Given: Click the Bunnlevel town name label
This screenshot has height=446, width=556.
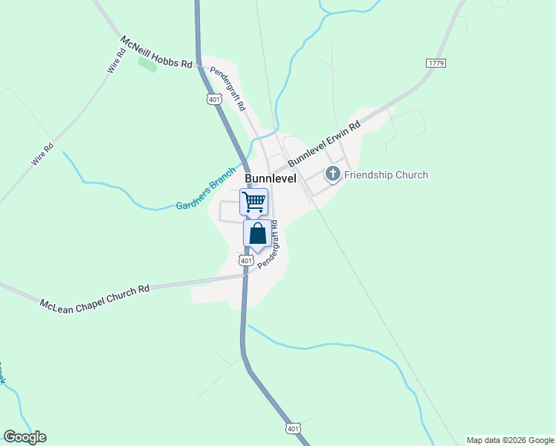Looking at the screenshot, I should click(x=271, y=179).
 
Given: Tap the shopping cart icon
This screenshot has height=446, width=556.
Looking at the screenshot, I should click(x=253, y=201).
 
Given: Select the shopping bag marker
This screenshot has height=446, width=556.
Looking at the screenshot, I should click(x=257, y=233).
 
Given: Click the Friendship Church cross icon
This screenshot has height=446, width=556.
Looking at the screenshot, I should click(x=333, y=175).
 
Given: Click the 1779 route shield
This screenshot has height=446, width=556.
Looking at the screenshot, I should click(x=436, y=63).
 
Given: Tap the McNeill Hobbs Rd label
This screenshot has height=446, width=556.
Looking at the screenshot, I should click(x=157, y=52).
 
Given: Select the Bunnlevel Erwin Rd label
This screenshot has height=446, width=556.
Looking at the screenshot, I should click(x=324, y=143).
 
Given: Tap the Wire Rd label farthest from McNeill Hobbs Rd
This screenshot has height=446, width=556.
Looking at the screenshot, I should click(x=42, y=153).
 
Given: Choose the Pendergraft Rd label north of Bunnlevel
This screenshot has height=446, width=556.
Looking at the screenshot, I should click(x=227, y=89).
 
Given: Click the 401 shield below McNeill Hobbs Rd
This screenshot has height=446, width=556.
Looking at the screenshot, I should click(x=214, y=99).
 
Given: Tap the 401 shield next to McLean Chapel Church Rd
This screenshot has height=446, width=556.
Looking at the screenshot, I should click(x=246, y=261).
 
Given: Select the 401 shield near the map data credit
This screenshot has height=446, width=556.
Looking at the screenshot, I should click(x=293, y=428).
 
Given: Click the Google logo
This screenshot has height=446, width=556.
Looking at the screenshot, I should click(x=25, y=437).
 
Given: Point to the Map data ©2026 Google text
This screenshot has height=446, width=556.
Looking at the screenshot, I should click(x=511, y=440).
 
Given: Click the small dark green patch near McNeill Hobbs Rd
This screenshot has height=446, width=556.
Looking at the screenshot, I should click(x=147, y=64).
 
